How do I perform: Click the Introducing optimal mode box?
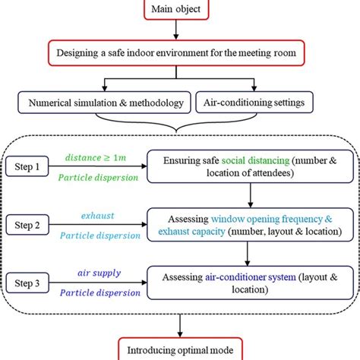click(180, 350)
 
